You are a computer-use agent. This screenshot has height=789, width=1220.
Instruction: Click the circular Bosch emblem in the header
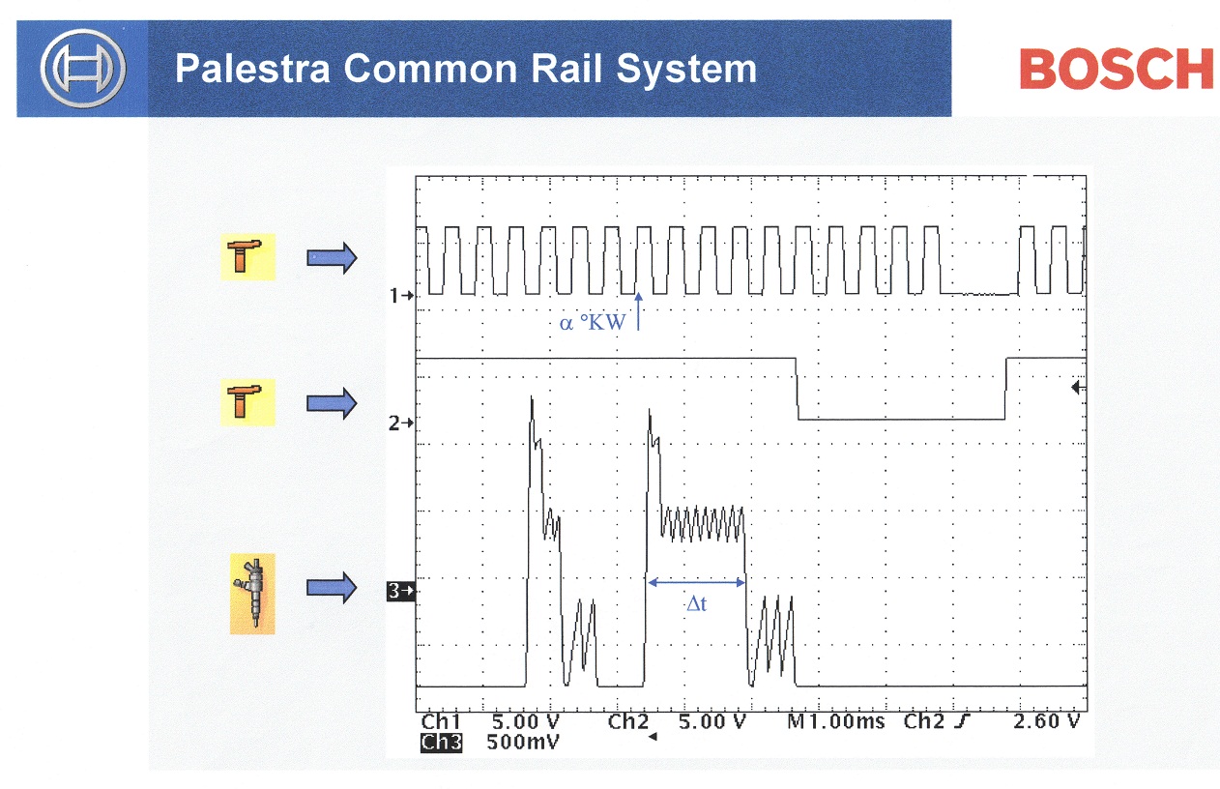click(x=83, y=68)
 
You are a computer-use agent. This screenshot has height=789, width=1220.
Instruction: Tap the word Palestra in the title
click(x=252, y=69)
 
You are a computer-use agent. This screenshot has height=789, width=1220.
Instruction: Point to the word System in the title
click(x=686, y=71)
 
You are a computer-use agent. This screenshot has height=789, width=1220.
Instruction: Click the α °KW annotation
click(x=593, y=323)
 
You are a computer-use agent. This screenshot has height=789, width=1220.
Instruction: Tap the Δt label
click(x=697, y=603)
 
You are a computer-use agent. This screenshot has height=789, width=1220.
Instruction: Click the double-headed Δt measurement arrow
click(x=697, y=582)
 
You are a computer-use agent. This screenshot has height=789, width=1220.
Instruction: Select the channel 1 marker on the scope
click(x=401, y=296)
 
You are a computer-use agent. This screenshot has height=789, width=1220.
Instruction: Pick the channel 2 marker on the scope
click(x=401, y=423)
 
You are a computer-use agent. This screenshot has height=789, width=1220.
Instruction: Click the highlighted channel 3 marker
click(x=401, y=591)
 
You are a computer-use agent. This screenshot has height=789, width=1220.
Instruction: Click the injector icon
click(x=252, y=594)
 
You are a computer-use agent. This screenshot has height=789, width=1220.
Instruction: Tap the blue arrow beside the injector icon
click(x=332, y=587)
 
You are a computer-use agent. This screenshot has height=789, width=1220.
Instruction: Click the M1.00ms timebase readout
click(x=836, y=722)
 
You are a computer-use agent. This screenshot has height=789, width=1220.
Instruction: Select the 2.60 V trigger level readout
click(x=1046, y=721)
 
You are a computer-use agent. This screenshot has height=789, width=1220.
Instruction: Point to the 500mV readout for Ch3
click(x=523, y=743)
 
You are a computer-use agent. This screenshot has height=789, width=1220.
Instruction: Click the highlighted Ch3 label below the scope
click(x=441, y=743)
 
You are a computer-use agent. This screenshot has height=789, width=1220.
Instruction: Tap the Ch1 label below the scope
click(x=441, y=722)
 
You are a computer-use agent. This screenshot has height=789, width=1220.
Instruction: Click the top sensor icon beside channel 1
click(x=247, y=257)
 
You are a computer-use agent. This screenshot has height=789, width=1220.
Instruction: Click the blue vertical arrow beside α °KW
click(x=638, y=311)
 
